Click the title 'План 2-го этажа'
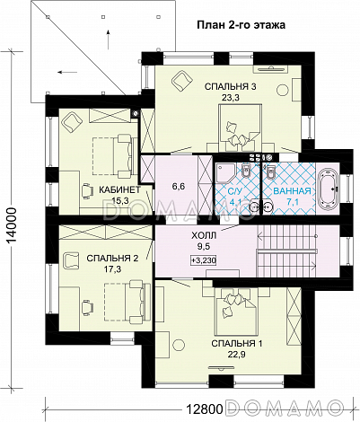click(x=241, y=25)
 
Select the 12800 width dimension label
click(x=205, y=408)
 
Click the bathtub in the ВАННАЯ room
click(x=329, y=189)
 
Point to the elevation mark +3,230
click(x=204, y=260)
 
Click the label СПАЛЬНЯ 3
click(x=230, y=87)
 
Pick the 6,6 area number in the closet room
click(x=179, y=187)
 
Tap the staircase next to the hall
click(x=286, y=251)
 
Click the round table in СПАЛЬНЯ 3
click(x=283, y=90)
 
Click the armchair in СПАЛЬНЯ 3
click(x=181, y=80)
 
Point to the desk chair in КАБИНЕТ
click(x=87, y=190)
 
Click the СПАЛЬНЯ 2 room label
click(x=112, y=259)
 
